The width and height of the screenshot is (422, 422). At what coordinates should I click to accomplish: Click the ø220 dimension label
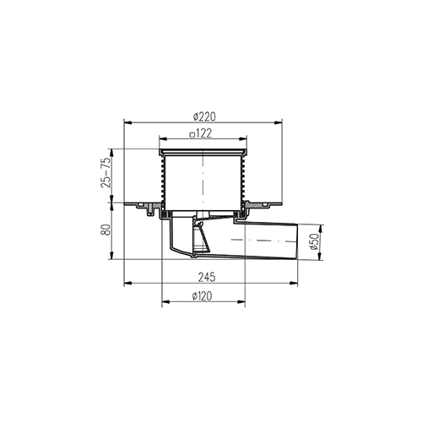[204, 116]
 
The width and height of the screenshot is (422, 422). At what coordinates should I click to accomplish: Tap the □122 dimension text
[201, 133]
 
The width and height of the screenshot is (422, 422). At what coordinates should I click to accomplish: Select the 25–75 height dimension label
[105, 173]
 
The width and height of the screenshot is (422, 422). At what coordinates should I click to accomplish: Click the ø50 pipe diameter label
[315, 241]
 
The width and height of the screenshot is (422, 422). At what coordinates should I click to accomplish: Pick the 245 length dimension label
[207, 277]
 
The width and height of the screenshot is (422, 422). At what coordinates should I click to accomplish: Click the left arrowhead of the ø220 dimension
[128, 122]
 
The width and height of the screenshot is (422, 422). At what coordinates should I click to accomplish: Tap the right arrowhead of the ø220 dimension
[279, 122]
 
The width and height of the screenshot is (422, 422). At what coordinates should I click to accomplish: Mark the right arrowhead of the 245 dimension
[294, 283]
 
